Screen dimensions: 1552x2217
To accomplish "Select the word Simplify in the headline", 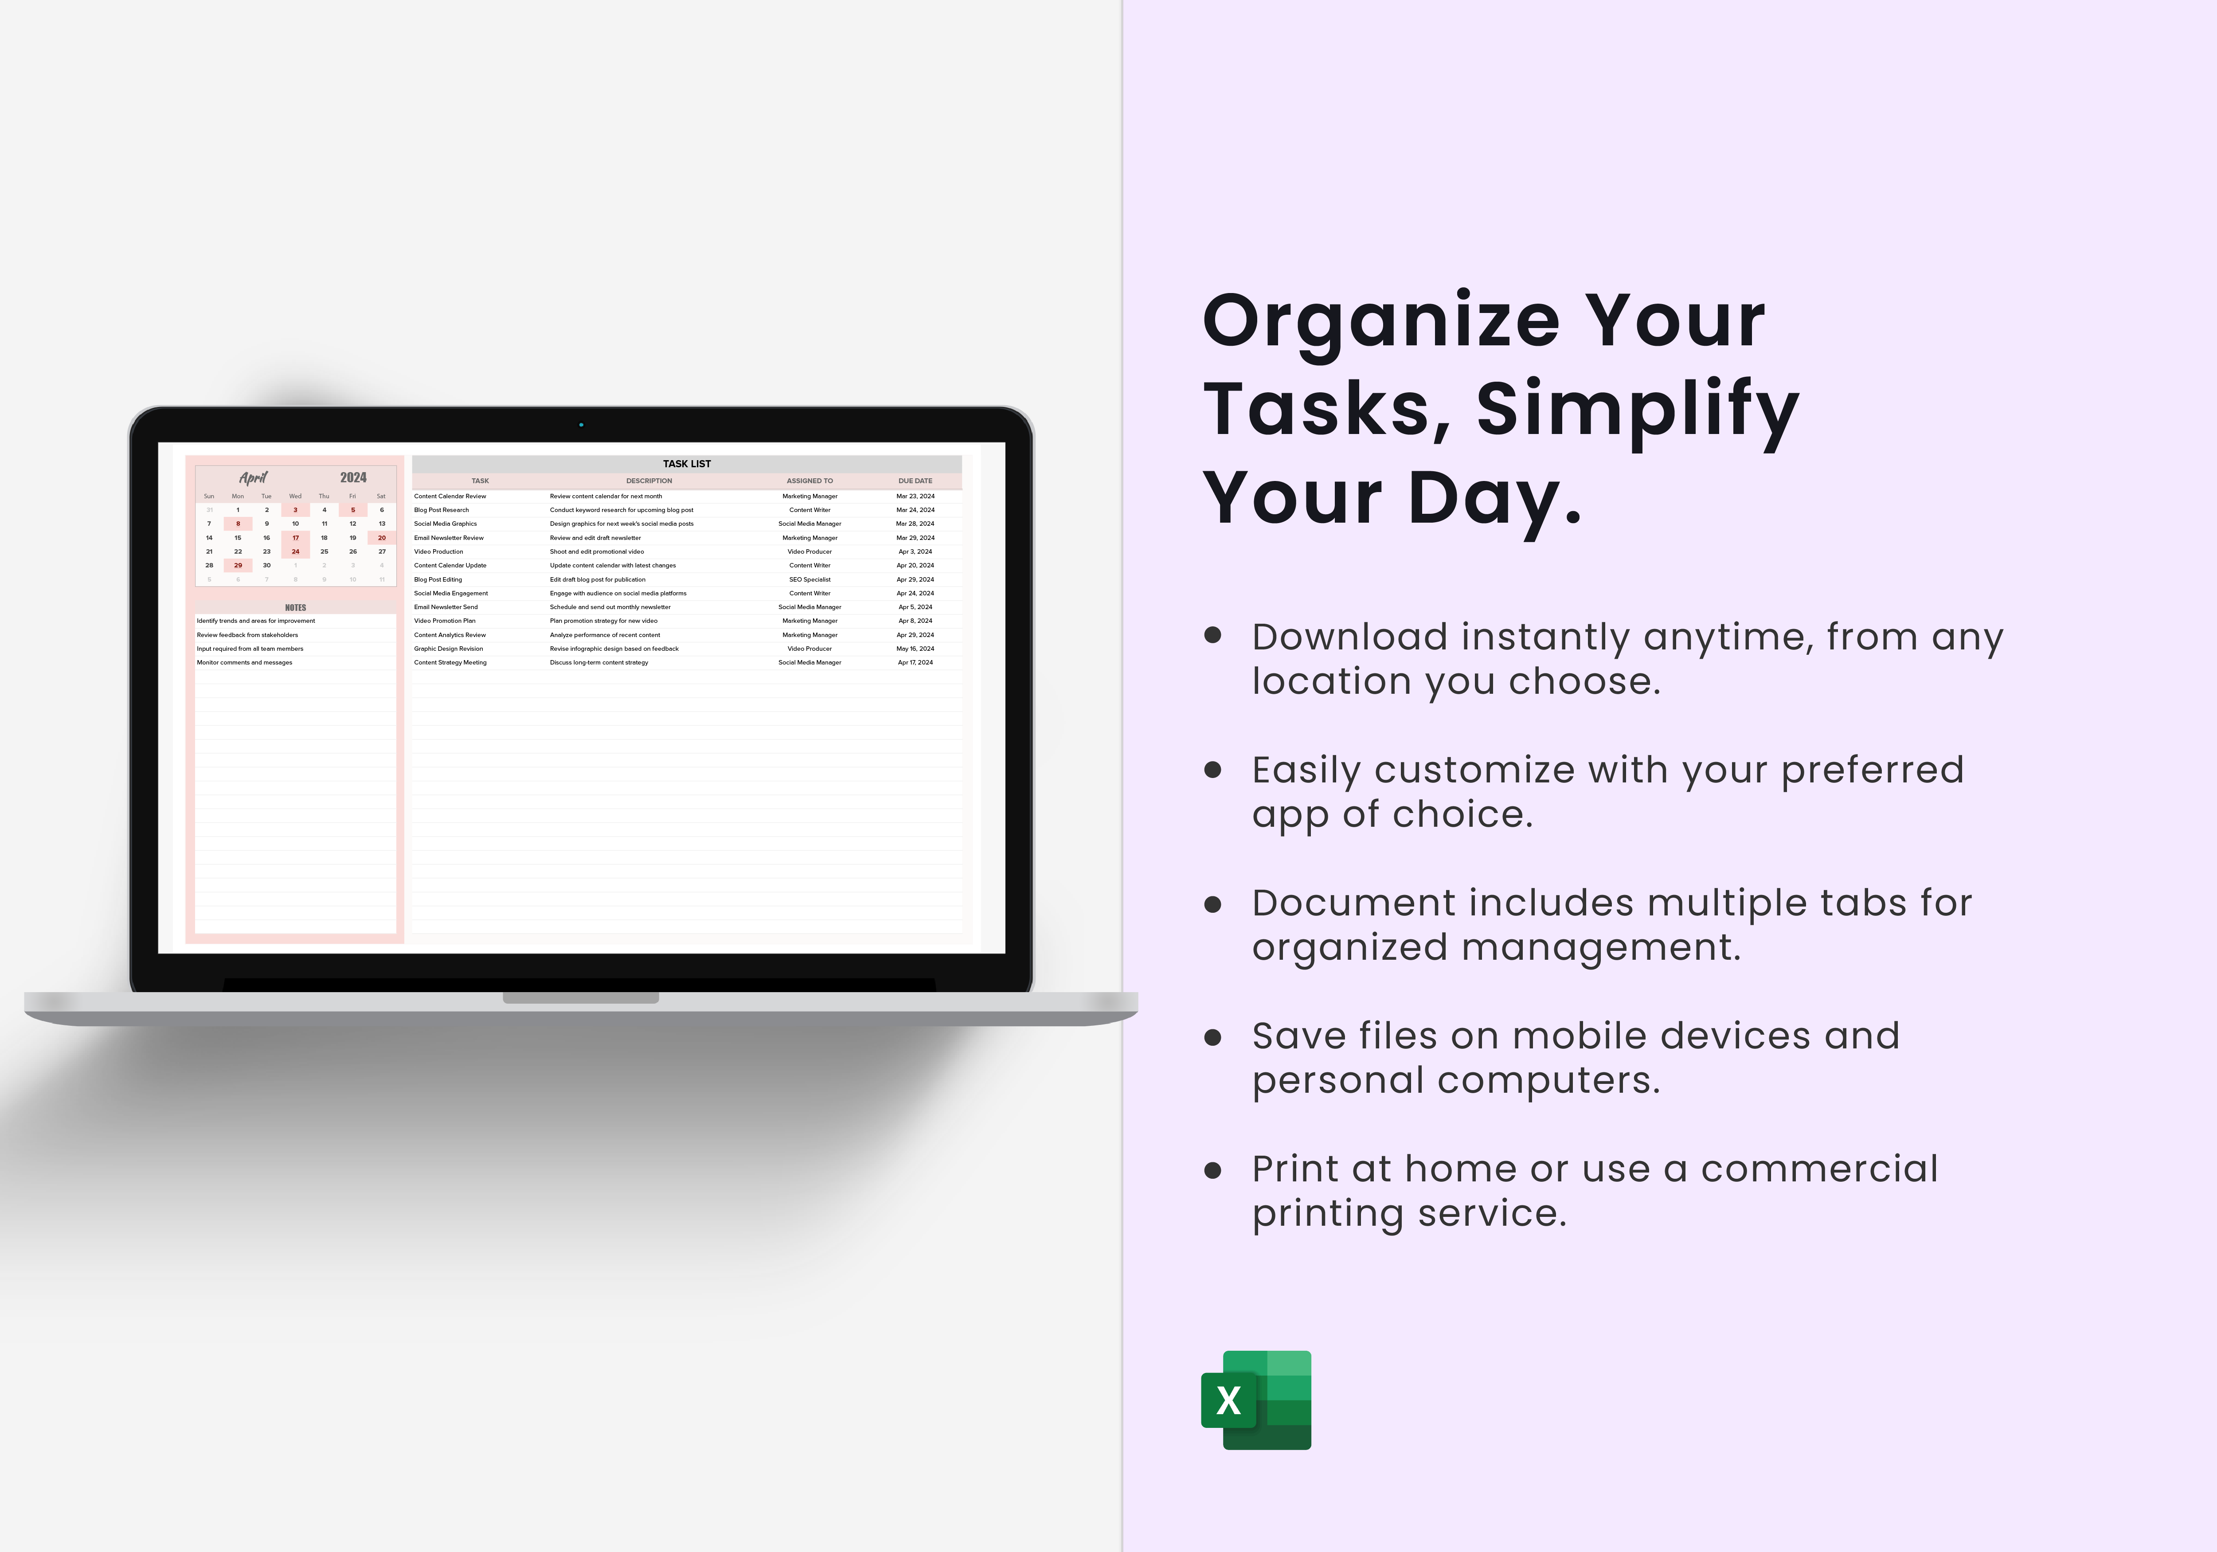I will [1637, 410].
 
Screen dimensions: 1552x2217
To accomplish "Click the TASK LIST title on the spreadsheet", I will [687, 464].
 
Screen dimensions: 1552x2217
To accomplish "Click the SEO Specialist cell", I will [809, 579].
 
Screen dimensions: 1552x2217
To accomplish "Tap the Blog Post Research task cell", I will [441, 510].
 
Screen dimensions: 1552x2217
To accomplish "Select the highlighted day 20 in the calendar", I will [381, 538].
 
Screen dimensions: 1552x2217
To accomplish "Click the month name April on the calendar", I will [253, 477].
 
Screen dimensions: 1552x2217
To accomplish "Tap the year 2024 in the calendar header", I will [353, 477].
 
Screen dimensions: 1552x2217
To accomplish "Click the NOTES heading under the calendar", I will [296, 607].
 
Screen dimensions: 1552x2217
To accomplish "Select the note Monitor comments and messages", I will [244, 663].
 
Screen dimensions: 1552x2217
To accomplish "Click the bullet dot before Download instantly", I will [1213, 636].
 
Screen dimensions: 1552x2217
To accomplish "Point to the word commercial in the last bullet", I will [1818, 1169].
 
